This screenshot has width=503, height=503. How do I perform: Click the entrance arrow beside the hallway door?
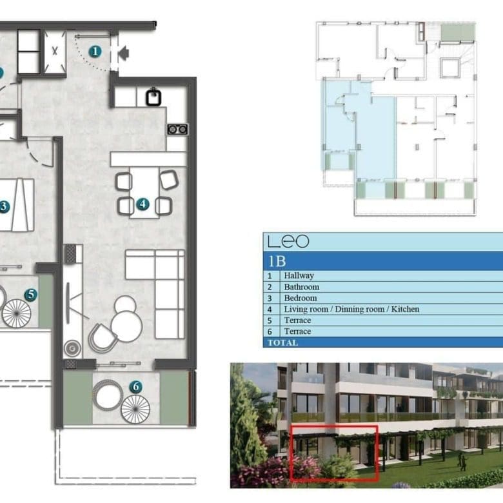(124, 53)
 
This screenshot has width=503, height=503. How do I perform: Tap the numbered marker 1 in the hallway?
(95, 52)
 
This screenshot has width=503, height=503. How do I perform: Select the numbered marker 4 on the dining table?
(143, 204)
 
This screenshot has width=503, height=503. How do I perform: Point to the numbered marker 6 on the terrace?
(135, 387)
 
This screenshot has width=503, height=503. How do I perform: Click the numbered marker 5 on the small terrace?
(31, 295)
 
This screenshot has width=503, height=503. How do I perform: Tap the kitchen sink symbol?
(153, 97)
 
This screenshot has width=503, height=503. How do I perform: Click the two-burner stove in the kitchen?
(177, 129)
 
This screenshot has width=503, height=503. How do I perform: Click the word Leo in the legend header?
(288, 241)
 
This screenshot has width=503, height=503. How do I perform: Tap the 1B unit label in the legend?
(277, 261)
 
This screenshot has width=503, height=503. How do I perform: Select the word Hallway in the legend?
(299, 275)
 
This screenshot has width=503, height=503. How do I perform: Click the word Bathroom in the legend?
(302, 287)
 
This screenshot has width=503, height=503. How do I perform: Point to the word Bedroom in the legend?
(301, 298)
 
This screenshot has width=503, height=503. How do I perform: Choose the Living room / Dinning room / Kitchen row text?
(351, 310)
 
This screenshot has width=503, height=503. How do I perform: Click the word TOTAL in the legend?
(283, 342)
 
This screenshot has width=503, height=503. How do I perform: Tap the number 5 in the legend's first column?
(270, 321)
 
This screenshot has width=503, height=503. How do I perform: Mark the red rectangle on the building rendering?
(334, 453)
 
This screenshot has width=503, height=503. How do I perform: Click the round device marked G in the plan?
(72, 348)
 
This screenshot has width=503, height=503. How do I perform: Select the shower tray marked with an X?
(55, 52)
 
